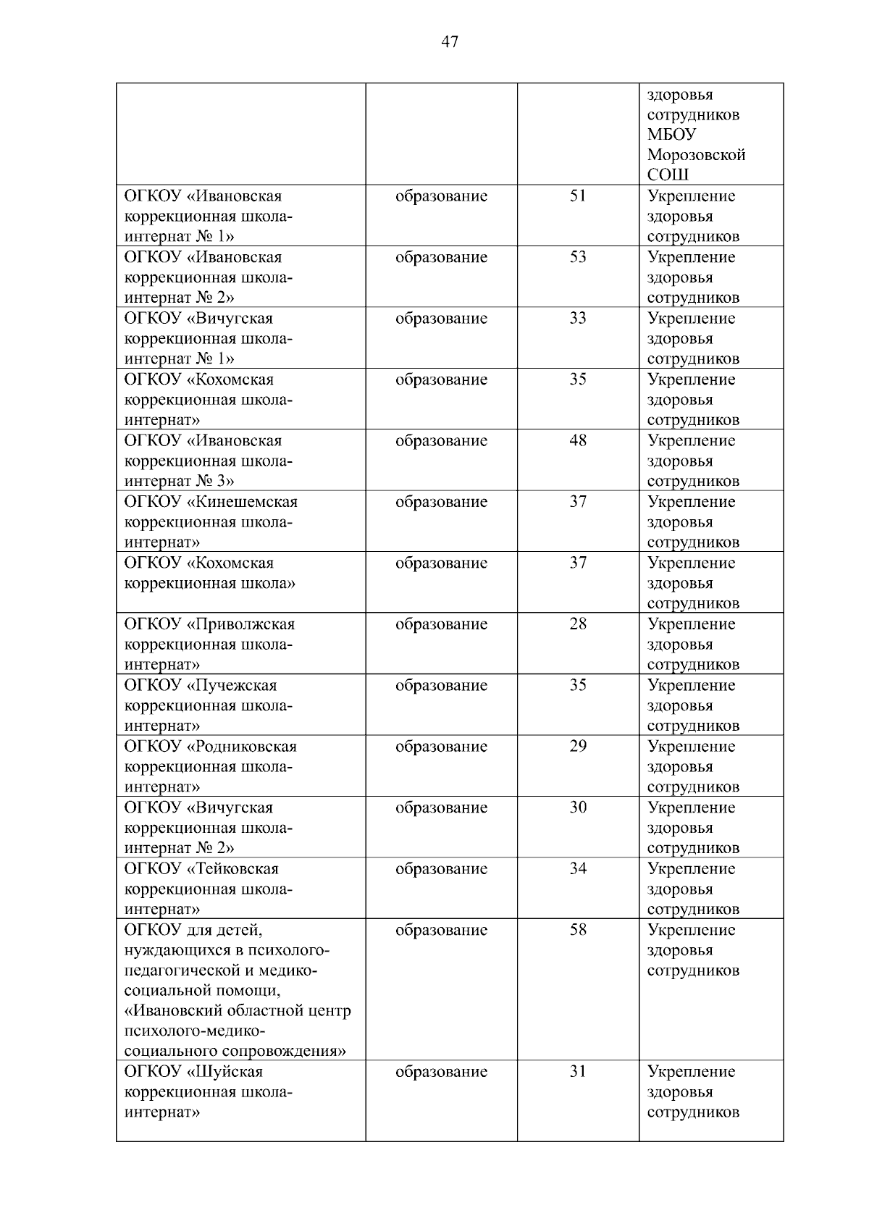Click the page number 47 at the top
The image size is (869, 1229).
[x=449, y=43]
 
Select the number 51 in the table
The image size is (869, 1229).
[x=577, y=196]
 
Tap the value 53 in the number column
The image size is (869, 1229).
[x=577, y=257]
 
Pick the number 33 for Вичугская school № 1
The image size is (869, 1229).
[x=577, y=319]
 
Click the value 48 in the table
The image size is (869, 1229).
[x=577, y=441]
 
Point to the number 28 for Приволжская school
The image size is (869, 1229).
[x=577, y=624]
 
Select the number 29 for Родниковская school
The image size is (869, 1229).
[x=577, y=747]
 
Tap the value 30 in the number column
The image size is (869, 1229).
[x=577, y=808]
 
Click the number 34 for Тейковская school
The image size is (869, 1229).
[x=577, y=869]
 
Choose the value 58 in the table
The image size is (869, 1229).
[x=577, y=930]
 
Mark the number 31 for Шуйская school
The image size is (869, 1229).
[x=577, y=1072]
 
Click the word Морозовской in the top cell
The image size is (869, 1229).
[x=696, y=155]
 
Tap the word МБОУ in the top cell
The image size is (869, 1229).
[x=671, y=135]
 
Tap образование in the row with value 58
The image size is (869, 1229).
[x=441, y=930]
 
